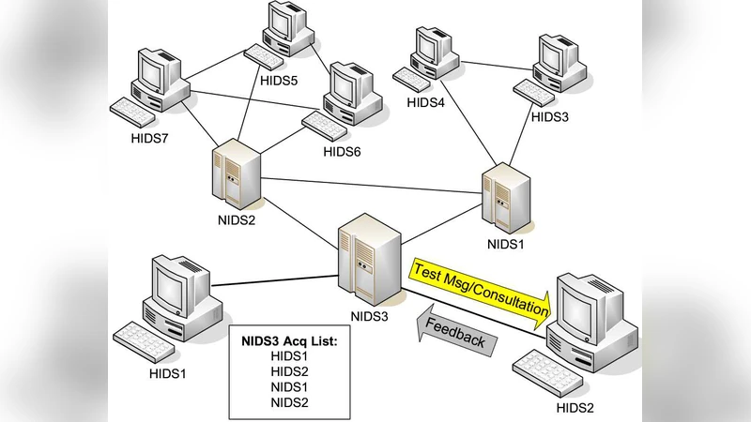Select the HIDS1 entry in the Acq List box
tap(289, 356)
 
